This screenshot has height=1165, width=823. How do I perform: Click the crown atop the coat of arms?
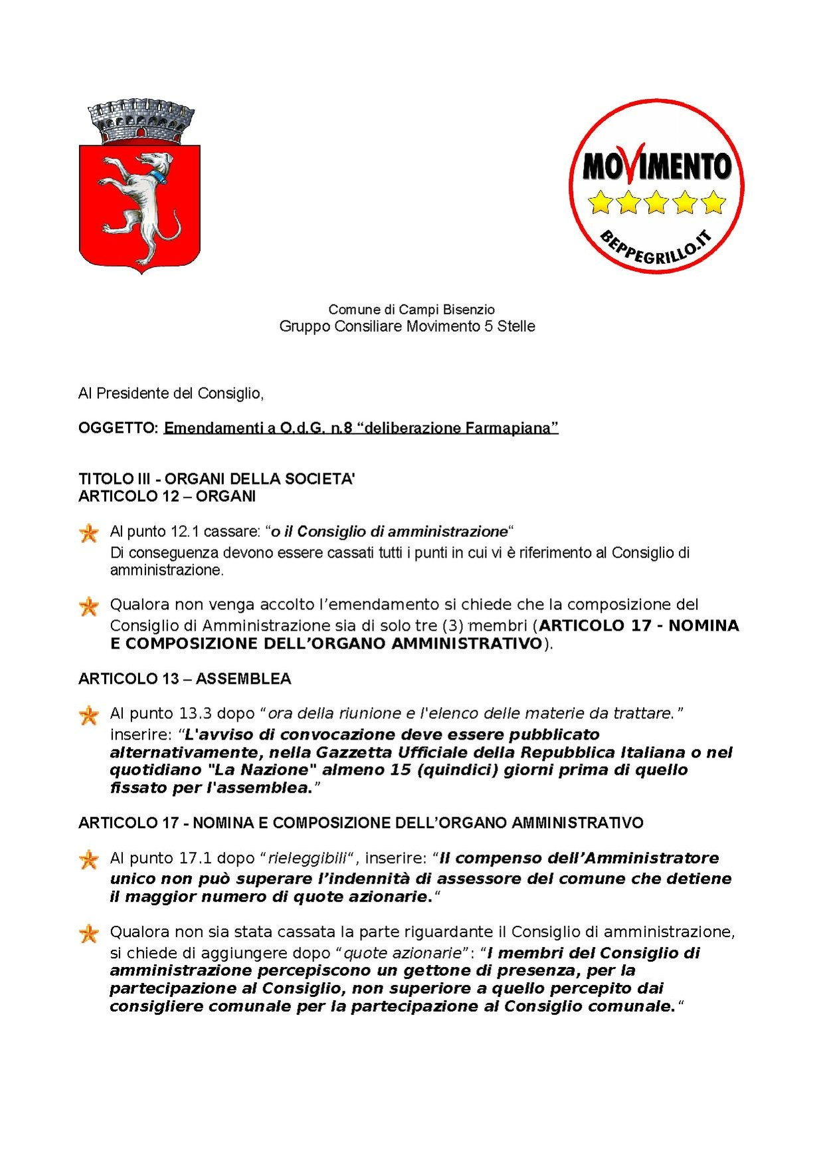[x=141, y=122]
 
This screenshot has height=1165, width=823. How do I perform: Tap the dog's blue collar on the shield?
[x=157, y=177]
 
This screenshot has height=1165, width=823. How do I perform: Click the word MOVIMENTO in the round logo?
[x=656, y=166]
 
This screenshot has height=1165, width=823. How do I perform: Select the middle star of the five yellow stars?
[x=656, y=202]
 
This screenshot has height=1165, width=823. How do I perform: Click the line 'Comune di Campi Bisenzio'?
[x=411, y=309]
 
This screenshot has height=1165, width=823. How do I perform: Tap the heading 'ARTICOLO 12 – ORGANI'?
[x=167, y=496]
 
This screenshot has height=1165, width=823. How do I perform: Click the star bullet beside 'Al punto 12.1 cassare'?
[x=88, y=533]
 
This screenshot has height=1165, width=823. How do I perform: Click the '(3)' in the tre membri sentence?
[x=452, y=625]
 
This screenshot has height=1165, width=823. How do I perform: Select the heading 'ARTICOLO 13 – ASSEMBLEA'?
[x=185, y=679]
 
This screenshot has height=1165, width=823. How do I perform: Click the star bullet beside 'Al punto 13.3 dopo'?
[x=88, y=715]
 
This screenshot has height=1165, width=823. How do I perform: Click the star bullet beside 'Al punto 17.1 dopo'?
[x=88, y=860]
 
